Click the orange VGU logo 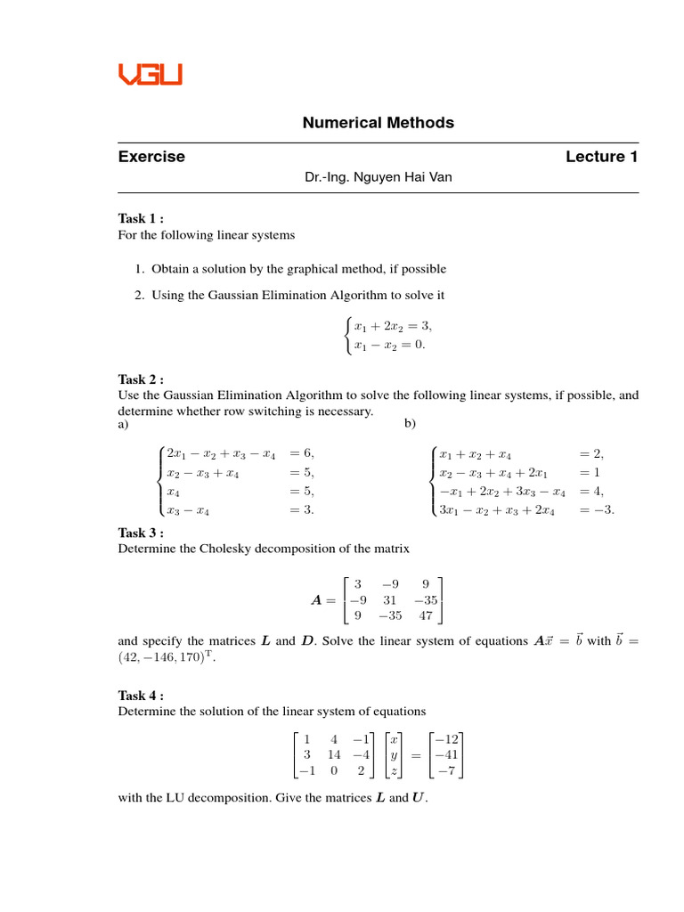click(150, 73)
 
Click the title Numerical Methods click(379, 123)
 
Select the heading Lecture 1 click(601, 157)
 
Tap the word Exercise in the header click(151, 157)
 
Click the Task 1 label click(141, 219)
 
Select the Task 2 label click(141, 379)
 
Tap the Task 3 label click(141, 533)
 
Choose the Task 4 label click(141, 696)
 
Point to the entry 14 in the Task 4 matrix click(334, 754)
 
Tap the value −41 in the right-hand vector click(446, 754)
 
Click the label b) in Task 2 click(410, 424)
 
